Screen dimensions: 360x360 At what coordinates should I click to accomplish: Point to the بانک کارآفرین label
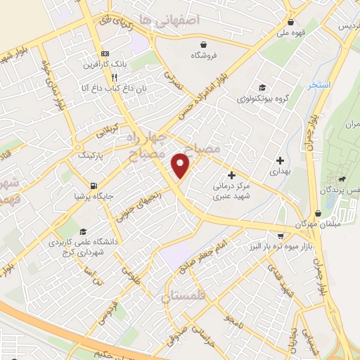pos(104,65)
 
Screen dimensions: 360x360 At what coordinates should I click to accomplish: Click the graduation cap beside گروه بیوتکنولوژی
pos(262,88)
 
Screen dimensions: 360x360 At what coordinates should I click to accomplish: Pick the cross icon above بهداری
pos(280,160)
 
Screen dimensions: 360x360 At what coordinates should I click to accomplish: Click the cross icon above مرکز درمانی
pos(231,175)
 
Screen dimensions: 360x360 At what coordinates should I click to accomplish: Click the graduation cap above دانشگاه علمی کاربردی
pos(83,231)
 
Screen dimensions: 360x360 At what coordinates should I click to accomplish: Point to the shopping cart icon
pos(281,236)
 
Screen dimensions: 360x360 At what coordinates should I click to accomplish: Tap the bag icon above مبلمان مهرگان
pos(319,212)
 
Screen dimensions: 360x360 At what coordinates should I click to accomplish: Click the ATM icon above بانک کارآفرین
pos(105,54)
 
